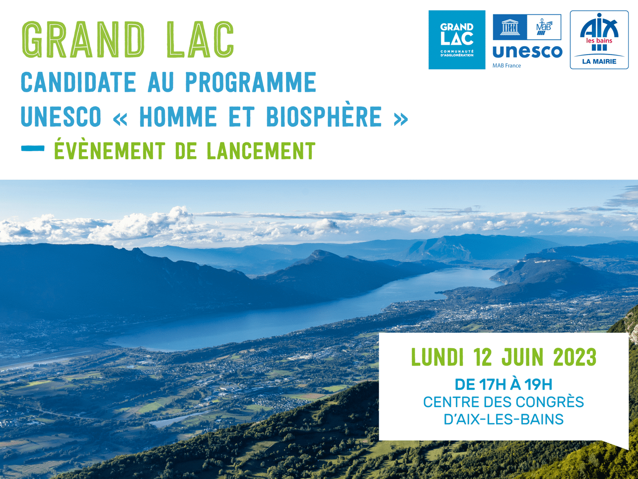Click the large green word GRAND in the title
tap(83, 40)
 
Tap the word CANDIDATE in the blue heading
tap(78, 82)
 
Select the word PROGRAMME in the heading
tap(251, 82)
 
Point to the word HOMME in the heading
tap(178, 117)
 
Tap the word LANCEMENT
tap(261, 151)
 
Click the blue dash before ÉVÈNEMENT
tap(33, 148)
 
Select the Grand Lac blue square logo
tap(457, 40)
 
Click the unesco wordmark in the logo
tap(527, 52)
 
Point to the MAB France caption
tap(506, 65)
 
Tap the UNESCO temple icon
tap(510, 27)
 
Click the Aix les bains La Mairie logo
tap(599, 40)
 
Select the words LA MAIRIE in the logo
tap(599, 61)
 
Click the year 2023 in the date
tap(575, 357)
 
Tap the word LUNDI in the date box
tap(437, 357)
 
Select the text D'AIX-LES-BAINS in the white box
tap(503, 419)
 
